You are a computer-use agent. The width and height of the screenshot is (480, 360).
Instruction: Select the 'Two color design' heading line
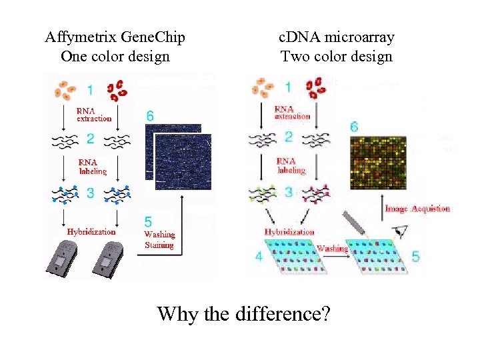pos(336,56)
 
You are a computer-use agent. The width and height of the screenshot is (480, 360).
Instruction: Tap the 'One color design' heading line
pos(115,56)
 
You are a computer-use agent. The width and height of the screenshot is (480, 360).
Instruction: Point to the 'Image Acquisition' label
pos(417,209)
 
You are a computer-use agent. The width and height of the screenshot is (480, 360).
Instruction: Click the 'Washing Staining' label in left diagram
pos(159,239)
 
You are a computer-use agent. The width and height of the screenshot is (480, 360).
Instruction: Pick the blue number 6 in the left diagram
pos(151,115)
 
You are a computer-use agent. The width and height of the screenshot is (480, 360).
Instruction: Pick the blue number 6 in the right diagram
pos(354,126)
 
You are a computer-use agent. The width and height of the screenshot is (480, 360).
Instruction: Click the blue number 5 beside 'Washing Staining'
pos(148,221)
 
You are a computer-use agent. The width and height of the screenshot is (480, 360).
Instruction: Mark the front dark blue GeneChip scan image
pos(183,162)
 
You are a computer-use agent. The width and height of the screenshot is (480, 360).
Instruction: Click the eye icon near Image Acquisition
pos(402,233)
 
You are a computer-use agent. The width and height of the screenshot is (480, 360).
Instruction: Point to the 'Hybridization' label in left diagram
pos(91,231)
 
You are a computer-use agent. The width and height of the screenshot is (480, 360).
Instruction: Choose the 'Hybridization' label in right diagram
pos(289,231)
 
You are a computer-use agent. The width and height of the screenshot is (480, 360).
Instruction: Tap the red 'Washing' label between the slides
pos(331,248)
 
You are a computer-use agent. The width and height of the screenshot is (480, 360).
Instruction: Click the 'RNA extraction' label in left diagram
pos(94,114)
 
